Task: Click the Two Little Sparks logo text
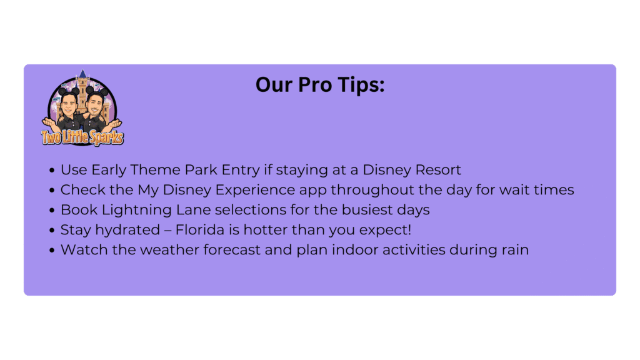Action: pos(82,137)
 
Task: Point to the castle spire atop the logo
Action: pos(83,74)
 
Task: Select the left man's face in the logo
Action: pos(69,105)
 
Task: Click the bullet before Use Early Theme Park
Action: pos(52,170)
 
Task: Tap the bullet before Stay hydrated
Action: pos(52,230)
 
